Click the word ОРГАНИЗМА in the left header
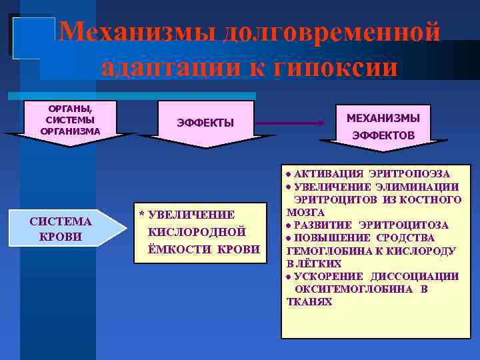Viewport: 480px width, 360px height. (71, 131)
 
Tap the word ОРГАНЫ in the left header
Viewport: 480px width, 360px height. (71, 108)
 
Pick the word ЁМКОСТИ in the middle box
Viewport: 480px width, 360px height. (182, 249)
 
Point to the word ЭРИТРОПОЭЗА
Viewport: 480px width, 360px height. (415, 174)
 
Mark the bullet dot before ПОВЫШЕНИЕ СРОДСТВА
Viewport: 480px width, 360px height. (289, 238)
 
